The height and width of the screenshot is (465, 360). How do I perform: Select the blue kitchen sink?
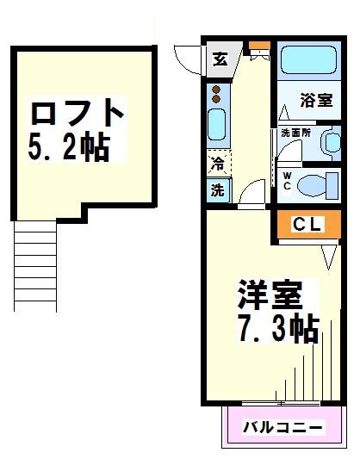[x=217, y=126]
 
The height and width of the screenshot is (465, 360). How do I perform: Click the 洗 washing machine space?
[x=217, y=191]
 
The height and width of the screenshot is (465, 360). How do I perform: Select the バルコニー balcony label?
[x=282, y=427]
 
